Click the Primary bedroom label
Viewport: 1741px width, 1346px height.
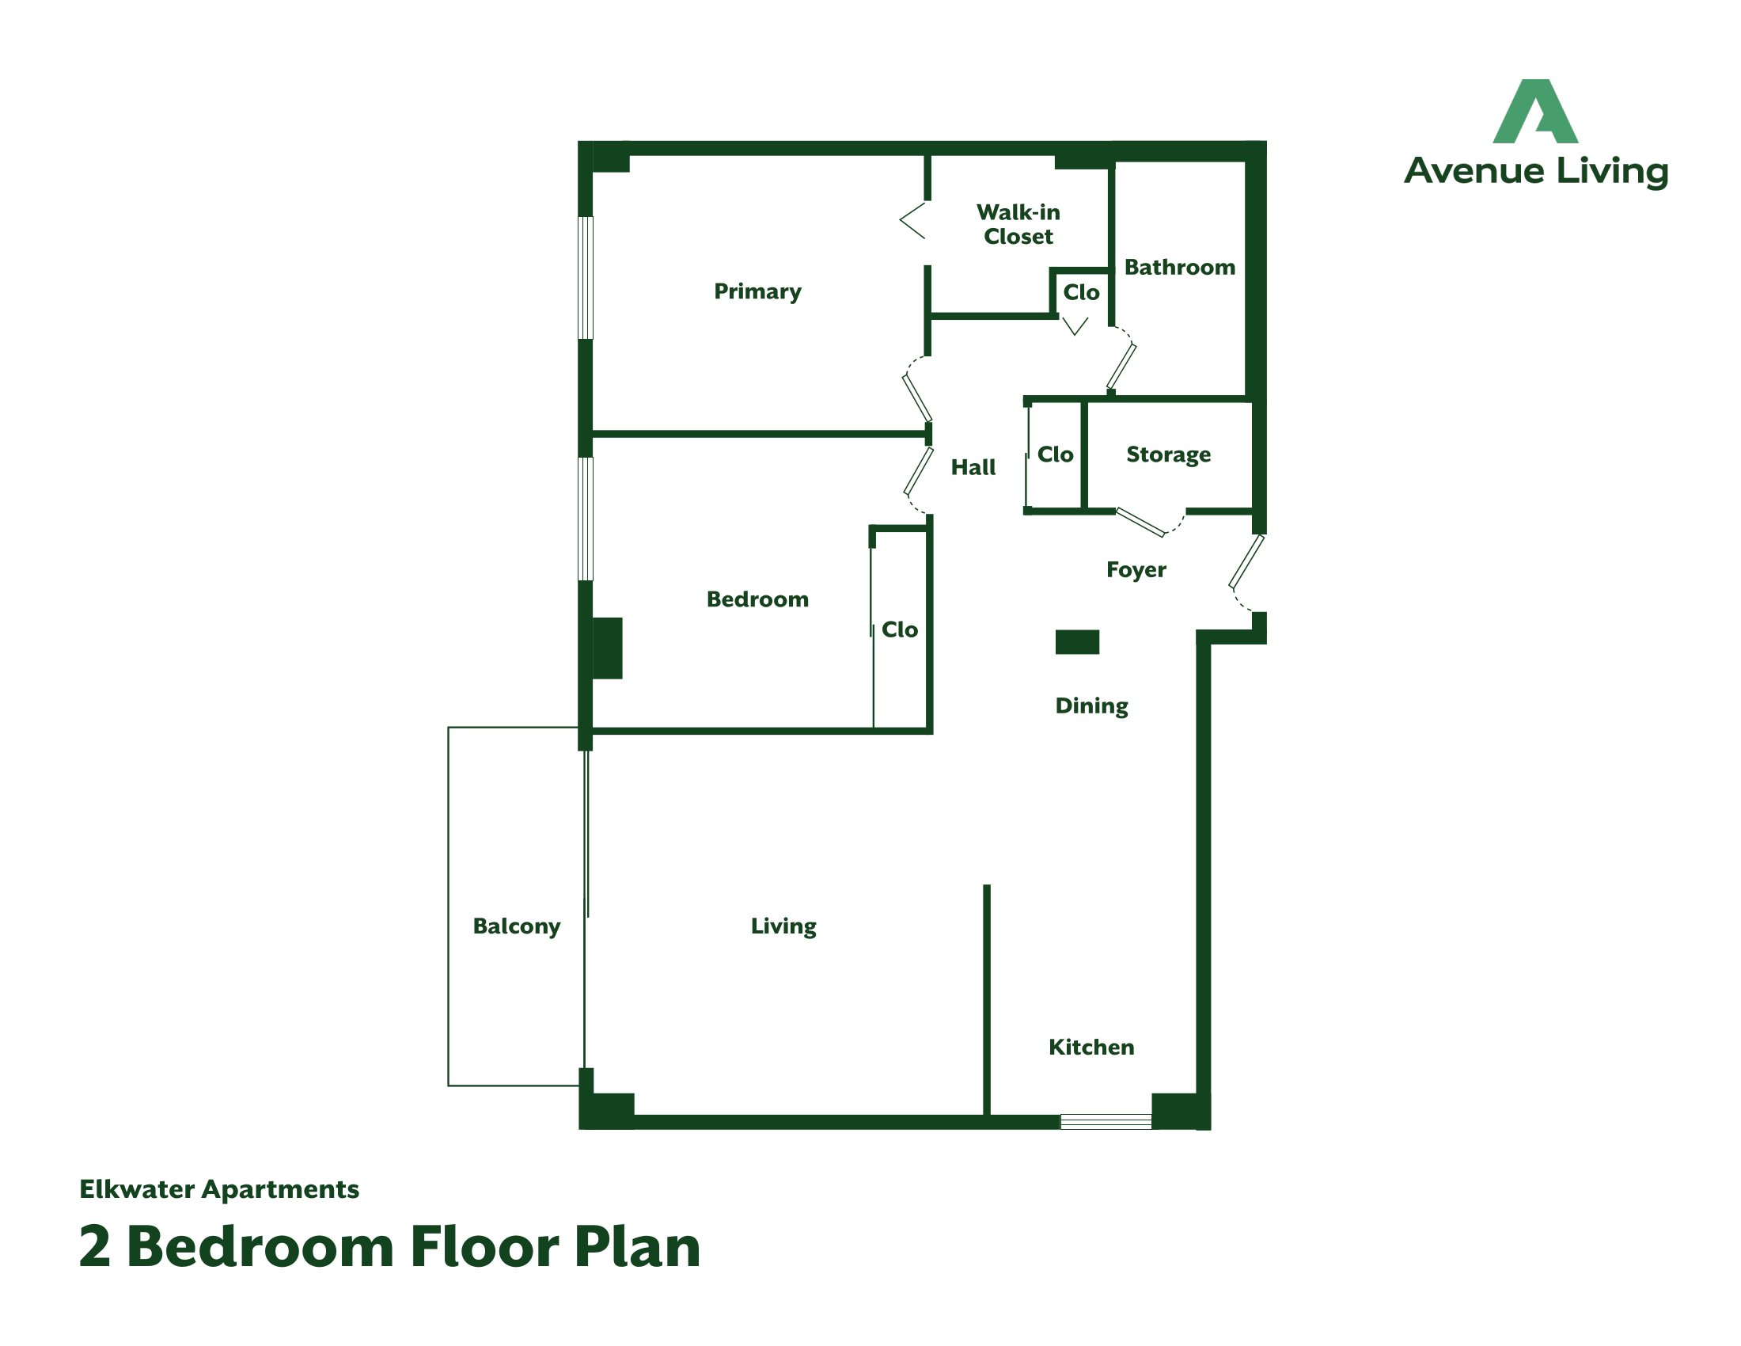click(757, 291)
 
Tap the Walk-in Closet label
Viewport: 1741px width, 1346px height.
click(1018, 224)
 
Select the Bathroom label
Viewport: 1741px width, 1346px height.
click(1179, 267)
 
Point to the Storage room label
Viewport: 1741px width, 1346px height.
click(1168, 454)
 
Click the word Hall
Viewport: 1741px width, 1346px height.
click(973, 467)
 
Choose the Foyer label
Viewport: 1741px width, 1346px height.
click(1136, 570)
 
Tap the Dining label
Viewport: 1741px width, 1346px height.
click(1091, 705)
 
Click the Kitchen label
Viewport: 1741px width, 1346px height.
click(1090, 1047)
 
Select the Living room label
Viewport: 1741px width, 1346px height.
click(783, 926)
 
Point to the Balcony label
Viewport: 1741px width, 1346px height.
click(517, 926)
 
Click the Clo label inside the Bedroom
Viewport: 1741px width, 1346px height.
click(899, 630)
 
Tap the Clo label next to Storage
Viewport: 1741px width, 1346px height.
click(1055, 454)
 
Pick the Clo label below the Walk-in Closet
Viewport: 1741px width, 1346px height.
click(1081, 293)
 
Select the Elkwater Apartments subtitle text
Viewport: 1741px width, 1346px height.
click(219, 1189)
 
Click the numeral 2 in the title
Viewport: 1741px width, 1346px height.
click(94, 1247)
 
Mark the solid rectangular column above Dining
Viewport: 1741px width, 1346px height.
click(1077, 642)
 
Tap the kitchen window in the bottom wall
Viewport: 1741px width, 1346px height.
click(1105, 1122)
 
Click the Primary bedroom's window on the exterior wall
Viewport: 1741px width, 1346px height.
click(585, 277)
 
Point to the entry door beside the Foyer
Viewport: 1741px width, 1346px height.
click(1246, 562)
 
